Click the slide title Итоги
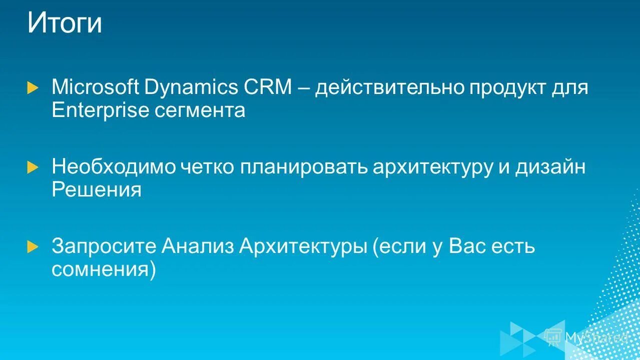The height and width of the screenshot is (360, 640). [x=65, y=23]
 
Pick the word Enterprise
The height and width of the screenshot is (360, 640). [x=100, y=110]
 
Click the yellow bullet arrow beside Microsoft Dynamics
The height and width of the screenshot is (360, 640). [x=33, y=88]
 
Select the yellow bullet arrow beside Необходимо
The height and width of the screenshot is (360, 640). [x=33, y=167]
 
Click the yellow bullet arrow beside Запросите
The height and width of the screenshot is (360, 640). [x=33, y=246]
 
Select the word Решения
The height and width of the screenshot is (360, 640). [x=97, y=190]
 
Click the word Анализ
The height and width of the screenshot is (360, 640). [x=198, y=246]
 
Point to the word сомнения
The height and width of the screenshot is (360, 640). [x=104, y=270]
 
